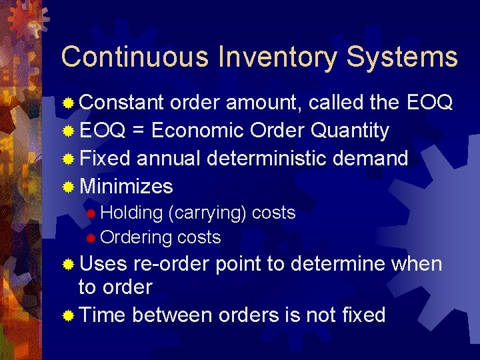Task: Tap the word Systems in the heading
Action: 402,57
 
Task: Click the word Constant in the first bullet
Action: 122,103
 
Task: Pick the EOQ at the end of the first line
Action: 429,103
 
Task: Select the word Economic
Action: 198,131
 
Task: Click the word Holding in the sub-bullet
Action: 132,213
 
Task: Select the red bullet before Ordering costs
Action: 92,238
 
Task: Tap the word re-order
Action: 171,264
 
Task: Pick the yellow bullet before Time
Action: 68,315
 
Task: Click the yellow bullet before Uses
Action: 68,265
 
